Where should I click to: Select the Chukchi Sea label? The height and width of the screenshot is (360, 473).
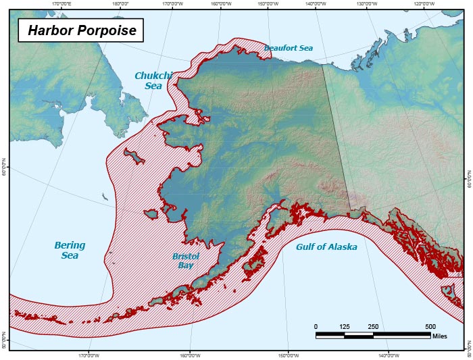click(x=154, y=80)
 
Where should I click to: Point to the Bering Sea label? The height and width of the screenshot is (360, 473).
click(x=70, y=250)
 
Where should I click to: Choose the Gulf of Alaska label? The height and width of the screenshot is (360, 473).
click(x=326, y=247)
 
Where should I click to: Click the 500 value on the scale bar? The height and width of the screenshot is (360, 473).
click(x=430, y=327)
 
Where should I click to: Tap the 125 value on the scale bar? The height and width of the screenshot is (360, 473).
click(x=345, y=327)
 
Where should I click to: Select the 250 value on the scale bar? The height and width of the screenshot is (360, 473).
click(x=373, y=327)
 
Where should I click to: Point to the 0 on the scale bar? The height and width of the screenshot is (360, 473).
click(x=316, y=327)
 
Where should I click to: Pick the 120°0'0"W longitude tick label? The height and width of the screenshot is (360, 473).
click(x=423, y=3)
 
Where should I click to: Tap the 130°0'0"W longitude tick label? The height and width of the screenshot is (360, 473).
click(x=366, y=3)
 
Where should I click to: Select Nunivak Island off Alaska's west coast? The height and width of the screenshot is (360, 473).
click(x=151, y=213)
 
